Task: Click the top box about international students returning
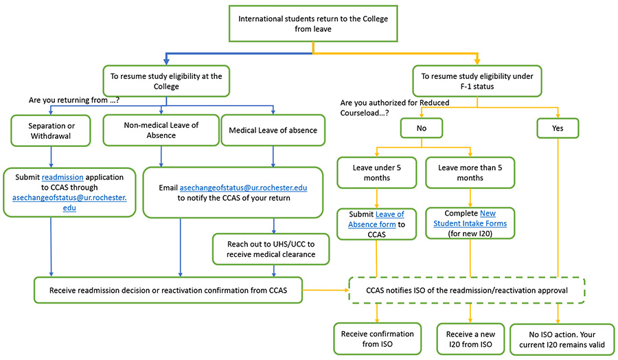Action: click(x=312, y=24)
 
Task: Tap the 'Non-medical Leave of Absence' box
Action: click(x=160, y=131)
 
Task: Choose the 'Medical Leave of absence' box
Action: click(x=274, y=131)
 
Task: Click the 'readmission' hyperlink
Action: click(x=62, y=177)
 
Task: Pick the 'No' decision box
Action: click(x=422, y=128)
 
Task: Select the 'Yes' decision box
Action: click(x=558, y=128)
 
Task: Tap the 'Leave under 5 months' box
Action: click(x=376, y=172)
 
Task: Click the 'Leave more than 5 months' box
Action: click(x=470, y=172)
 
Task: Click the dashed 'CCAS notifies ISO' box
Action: click(x=468, y=290)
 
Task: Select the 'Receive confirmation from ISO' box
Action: click(x=377, y=339)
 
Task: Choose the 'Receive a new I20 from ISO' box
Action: click(x=470, y=339)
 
